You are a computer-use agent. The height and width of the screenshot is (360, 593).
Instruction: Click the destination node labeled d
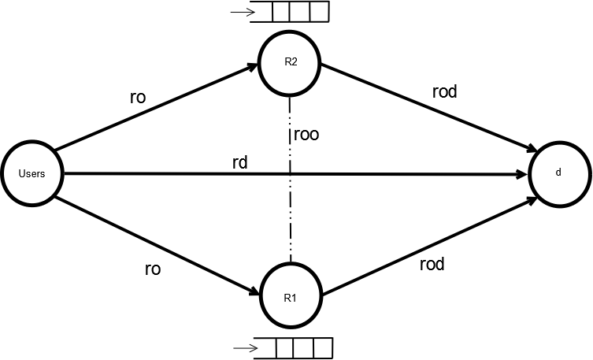point(558,173)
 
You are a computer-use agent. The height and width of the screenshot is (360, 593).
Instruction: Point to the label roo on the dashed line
point(306,135)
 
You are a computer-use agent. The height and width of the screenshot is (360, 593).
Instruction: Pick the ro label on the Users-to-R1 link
point(153,269)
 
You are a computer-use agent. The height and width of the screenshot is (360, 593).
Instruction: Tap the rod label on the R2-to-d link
point(445,91)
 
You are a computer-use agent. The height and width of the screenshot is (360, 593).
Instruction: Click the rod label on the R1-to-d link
point(432,264)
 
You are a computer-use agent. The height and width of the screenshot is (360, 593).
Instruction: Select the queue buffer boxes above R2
point(299,13)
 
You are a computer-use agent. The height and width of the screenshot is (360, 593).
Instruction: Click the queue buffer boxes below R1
point(303,347)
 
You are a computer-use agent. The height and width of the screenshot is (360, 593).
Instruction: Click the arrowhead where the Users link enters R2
point(253,68)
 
